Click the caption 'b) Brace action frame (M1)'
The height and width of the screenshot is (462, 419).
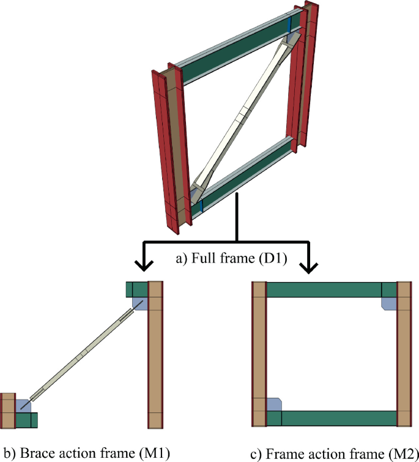[x=85, y=453]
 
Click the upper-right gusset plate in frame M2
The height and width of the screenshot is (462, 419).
[x=389, y=302]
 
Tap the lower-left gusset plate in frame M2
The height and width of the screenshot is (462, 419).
[x=274, y=404]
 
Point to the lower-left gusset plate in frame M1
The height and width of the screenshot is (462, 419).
[x=23, y=406]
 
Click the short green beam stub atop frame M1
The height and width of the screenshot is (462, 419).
[x=136, y=289]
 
